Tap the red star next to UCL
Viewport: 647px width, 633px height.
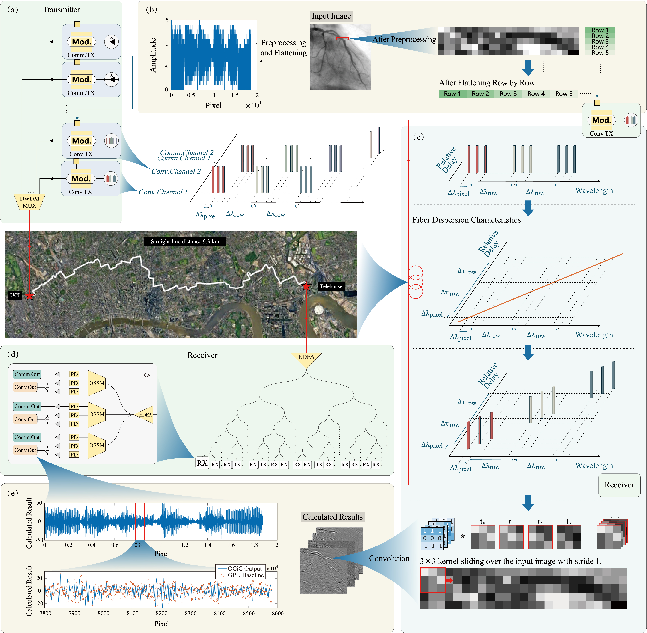point(30,296)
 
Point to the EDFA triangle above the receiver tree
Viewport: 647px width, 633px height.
point(306,358)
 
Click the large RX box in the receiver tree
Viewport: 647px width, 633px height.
point(202,463)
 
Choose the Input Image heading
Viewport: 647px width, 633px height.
point(331,16)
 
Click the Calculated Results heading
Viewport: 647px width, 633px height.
point(332,517)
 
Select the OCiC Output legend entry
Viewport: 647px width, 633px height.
point(245,569)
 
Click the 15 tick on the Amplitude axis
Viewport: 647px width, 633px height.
point(166,20)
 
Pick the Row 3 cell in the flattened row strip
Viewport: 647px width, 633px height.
point(508,94)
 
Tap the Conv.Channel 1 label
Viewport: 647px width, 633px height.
point(163,192)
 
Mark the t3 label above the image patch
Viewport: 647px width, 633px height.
point(569,522)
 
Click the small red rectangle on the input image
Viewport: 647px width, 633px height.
point(342,39)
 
